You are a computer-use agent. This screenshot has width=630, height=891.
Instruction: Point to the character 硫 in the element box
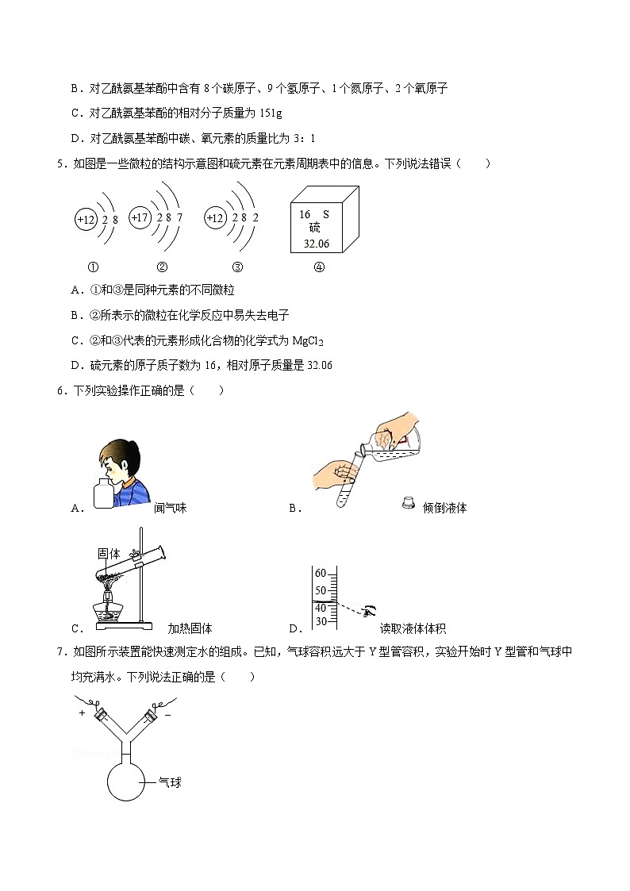point(315,229)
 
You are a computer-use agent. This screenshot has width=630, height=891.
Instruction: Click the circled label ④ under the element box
point(319,267)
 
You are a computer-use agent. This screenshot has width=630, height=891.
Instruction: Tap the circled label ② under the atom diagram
point(162,267)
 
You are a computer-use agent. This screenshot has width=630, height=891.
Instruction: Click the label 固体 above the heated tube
point(108,554)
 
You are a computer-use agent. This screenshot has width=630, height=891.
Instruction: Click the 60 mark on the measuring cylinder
point(321,574)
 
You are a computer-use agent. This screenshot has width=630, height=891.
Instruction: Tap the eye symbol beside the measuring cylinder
point(370,610)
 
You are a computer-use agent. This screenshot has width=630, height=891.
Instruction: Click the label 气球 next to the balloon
point(170,782)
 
